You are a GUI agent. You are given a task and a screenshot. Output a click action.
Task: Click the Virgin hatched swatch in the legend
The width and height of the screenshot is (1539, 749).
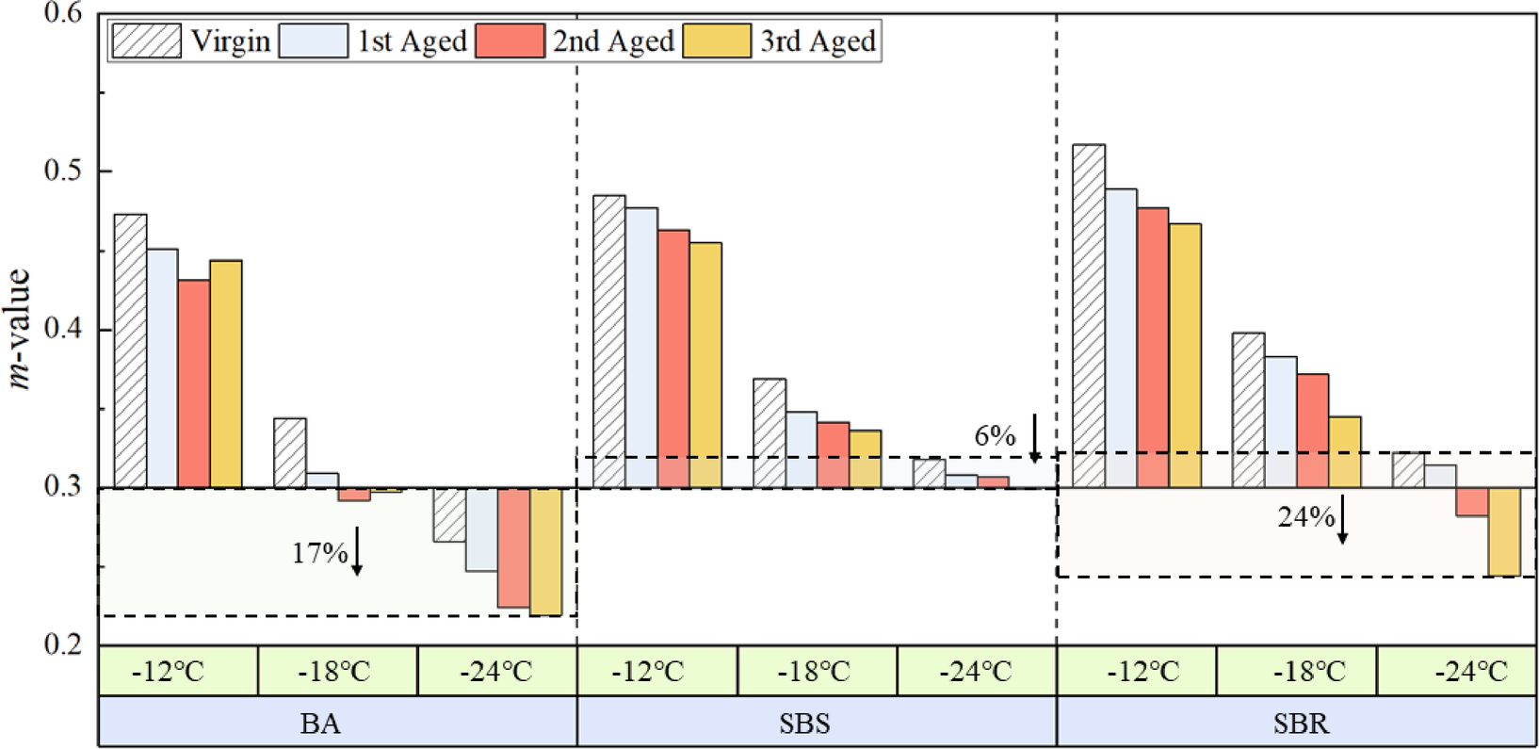coord(146,41)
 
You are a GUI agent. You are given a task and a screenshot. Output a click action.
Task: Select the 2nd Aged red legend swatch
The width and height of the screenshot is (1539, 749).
coord(510,41)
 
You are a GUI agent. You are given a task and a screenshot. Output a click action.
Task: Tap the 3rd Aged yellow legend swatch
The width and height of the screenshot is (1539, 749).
coord(717,41)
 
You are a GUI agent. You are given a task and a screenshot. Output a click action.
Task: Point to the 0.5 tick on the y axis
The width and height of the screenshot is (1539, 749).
coord(63,171)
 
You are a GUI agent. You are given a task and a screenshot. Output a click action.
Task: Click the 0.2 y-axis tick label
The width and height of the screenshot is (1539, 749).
coord(63,645)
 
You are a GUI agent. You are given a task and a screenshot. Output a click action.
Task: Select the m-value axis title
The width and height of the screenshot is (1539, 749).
coord(21,328)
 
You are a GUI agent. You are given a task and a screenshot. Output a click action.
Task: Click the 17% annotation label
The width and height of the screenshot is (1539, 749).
coord(319,552)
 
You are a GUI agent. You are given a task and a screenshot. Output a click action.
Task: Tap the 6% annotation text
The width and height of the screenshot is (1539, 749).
coord(995,436)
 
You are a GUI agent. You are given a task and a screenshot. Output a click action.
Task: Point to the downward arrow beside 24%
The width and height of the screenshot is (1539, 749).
coord(1343,519)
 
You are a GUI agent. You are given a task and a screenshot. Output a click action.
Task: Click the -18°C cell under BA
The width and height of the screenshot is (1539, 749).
coord(337,672)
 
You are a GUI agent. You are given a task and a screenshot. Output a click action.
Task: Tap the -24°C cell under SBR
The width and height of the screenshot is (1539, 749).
coord(1456,672)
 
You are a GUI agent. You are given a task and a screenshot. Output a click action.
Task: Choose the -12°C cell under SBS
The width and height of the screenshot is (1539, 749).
coord(656,672)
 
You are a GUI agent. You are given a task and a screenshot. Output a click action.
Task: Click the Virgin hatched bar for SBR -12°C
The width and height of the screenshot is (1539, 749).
coord(1089,316)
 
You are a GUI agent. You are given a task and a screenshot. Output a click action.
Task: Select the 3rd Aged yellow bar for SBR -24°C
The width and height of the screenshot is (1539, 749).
coord(1504,531)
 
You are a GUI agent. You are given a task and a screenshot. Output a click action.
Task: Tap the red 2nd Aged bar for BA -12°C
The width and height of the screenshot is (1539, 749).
coord(194,383)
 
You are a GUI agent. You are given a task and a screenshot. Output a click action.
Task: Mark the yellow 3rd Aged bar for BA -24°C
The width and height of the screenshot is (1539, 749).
coord(545,551)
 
